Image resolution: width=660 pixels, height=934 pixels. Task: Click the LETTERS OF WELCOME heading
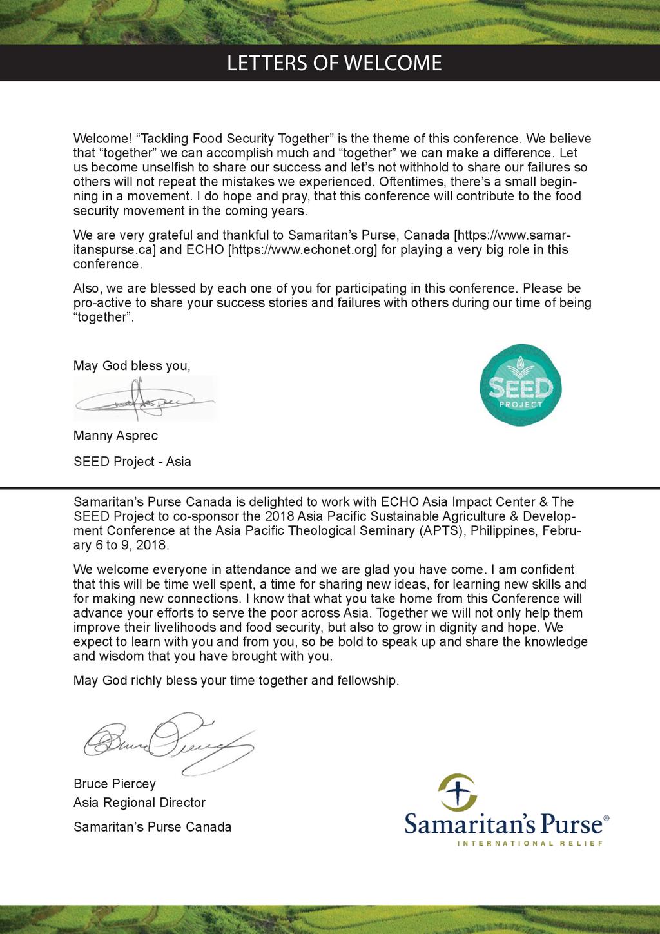[334, 63]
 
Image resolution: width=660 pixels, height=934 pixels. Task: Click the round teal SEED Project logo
[520, 385]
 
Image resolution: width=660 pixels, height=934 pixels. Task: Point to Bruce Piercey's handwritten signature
[169, 742]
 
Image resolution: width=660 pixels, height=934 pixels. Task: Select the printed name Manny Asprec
[115, 436]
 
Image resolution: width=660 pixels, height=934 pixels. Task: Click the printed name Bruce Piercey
[115, 784]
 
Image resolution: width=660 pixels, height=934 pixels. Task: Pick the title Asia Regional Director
[139, 803]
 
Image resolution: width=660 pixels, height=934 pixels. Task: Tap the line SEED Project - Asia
[132, 462]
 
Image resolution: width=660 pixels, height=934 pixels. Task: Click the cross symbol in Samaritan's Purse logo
[456, 792]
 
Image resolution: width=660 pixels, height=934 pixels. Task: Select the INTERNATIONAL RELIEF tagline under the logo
[530, 843]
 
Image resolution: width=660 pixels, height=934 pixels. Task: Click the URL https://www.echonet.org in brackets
[302, 249]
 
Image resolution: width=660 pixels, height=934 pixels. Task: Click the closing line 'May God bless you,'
[131, 366]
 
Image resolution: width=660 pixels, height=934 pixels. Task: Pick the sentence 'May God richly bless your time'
[236, 681]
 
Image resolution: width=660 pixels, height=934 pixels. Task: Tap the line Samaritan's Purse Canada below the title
[152, 827]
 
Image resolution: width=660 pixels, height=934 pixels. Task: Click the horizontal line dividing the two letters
[330, 488]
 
